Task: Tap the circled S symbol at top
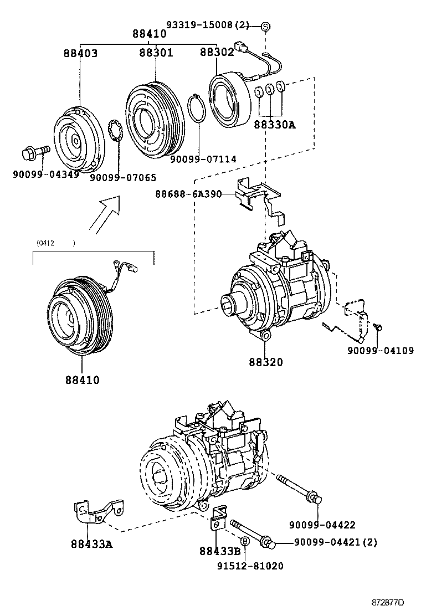point(265,26)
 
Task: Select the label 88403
point(80,54)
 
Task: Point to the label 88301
point(156,53)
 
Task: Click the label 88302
point(217,52)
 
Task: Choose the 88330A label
point(275,125)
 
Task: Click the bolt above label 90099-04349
point(35,151)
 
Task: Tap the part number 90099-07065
point(123,178)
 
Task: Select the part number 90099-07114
point(203,159)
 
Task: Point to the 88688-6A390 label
point(188,194)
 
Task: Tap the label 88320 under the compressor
point(265,362)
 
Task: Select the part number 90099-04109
point(380,351)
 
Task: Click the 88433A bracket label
point(91,543)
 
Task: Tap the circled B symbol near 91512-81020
point(244,541)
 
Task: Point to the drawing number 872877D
point(387,602)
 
